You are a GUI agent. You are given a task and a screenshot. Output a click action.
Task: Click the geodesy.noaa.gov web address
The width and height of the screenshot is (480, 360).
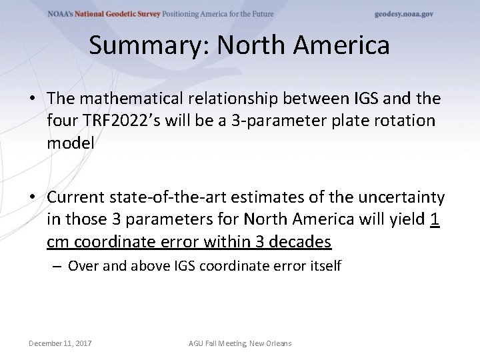tap(403, 14)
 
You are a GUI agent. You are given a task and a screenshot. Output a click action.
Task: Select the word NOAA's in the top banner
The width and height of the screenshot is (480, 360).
tap(63, 14)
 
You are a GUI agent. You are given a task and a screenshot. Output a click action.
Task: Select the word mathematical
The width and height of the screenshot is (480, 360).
tap(139, 99)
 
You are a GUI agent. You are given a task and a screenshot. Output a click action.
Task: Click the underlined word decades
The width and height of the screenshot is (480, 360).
tap(300, 240)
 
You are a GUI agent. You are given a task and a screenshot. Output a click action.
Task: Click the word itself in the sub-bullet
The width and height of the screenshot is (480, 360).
tap(325, 266)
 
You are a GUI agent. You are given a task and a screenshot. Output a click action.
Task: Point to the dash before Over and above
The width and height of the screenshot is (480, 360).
tap(58, 266)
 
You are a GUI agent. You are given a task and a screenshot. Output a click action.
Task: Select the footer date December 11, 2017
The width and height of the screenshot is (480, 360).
tap(60, 343)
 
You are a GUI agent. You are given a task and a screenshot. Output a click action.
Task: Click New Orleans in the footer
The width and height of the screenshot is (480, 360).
tap(271, 343)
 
